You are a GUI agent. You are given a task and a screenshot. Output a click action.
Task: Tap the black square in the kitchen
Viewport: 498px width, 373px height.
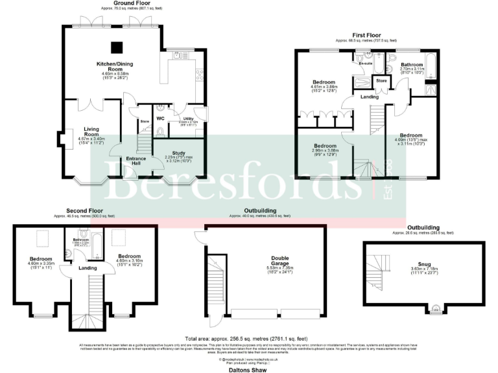117,47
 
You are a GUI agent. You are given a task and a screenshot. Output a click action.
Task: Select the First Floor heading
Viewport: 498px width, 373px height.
366,35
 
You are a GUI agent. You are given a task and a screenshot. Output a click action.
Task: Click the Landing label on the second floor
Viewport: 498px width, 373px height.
88,268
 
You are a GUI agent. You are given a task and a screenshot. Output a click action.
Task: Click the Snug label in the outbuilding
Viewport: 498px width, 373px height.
425,264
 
